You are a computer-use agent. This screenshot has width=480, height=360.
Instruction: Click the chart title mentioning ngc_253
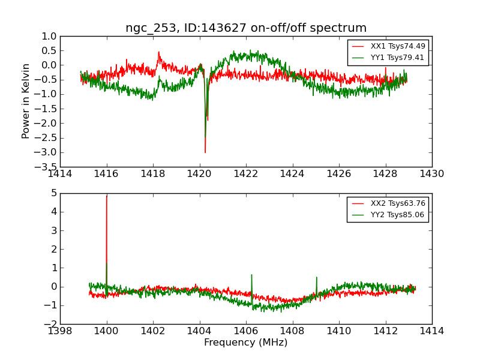246,28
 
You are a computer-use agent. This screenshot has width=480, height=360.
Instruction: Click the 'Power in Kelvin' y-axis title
26,101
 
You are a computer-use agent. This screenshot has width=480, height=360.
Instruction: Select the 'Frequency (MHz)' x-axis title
246,343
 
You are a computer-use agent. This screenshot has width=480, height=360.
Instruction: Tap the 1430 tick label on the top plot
432,174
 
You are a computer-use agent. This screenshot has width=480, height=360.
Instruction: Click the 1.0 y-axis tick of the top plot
49,36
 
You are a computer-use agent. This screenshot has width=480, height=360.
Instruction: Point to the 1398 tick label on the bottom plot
60,331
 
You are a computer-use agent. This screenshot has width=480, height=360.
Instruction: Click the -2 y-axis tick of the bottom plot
52,324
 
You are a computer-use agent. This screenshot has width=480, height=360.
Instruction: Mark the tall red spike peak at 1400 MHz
107,196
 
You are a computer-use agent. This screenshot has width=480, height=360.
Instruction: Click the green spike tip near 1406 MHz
251,275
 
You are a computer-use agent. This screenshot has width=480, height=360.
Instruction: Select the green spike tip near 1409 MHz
316,277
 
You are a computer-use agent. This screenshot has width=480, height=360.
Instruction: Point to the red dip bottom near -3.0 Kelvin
205,152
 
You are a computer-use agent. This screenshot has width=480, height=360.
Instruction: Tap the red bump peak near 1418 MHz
158,52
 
